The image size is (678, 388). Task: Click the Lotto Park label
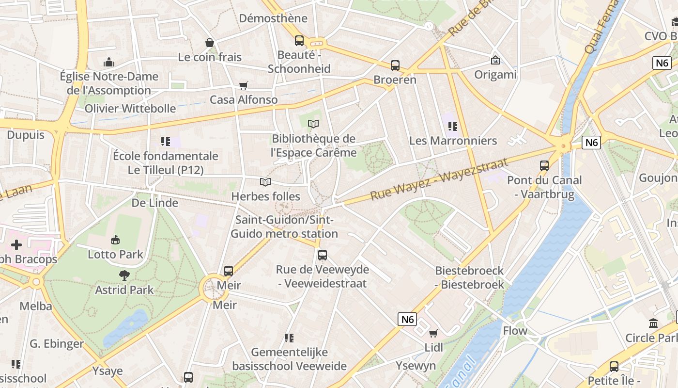(x=115, y=254)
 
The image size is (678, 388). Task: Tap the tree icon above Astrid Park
(x=124, y=275)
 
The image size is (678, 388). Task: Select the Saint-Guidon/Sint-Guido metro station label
(x=284, y=226)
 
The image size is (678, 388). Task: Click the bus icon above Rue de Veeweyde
(x=322, y=255)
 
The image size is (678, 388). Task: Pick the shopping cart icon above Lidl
(x=433, y=333)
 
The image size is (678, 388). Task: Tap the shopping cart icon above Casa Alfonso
(x=243, y=86)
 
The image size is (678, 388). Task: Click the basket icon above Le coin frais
(x=210, y=43)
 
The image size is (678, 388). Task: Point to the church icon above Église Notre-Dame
(x=109, y=62)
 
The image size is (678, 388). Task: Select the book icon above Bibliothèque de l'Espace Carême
(x=313, y=124)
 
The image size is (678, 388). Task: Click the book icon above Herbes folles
(x=265, y=182)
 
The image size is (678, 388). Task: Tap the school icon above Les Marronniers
(x=453, y=127)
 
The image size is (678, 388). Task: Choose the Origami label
(x=495, y=75)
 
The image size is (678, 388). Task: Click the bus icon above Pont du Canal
(x=544, y=165)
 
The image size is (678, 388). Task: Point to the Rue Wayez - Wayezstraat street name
(x=439, y=178)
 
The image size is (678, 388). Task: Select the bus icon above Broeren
(x=395, y=65)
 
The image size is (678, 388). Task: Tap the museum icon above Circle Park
(x=653, y=323)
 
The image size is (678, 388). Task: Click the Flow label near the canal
(x=515, y=331)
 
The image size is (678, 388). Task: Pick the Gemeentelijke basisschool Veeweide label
(x=289, y=359)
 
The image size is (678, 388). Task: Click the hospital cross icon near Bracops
(x=16, y=244)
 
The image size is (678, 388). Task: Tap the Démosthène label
(x=273, y=18)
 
